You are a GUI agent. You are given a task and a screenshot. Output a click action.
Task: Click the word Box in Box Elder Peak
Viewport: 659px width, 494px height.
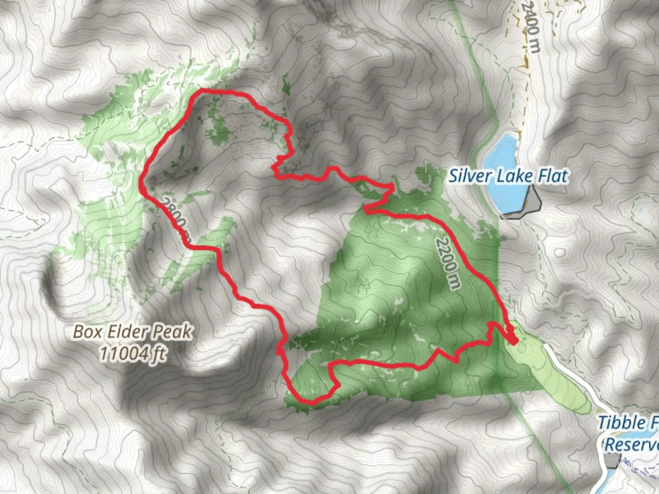tap(87, 332)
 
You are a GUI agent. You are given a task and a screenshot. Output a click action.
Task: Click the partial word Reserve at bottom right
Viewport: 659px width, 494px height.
tap(632, 444)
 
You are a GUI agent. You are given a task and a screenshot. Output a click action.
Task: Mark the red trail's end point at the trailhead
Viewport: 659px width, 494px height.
tap(513, 341)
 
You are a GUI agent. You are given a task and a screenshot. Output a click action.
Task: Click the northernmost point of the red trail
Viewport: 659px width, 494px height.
tap(201, 91)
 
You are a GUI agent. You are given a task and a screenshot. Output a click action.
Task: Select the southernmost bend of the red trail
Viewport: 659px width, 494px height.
tap(313, 403)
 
